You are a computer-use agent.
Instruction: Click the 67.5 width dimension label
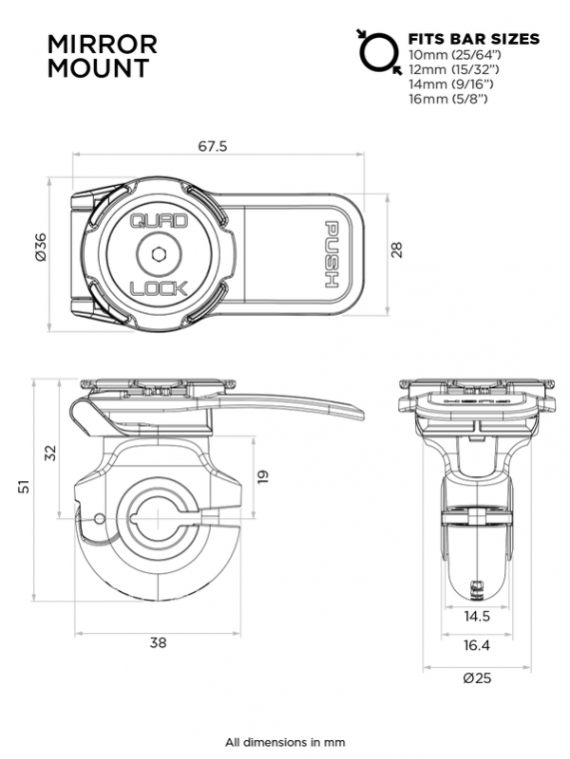[218, 148]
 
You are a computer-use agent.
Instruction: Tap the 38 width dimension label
[158, 642]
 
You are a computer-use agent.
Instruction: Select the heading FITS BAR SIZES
[473, 40]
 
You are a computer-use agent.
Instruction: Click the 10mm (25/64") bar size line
[455, 56]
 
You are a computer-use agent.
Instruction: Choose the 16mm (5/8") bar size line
[449, 98]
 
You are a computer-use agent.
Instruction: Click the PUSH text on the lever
[333, 254]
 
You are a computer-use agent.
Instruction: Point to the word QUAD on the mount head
[151, 221]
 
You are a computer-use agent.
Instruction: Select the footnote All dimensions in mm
[285, 742]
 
